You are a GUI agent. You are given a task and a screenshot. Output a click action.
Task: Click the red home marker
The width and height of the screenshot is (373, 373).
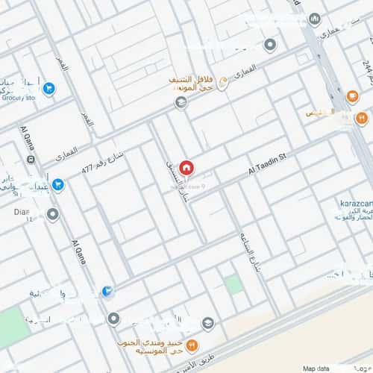[186, 167]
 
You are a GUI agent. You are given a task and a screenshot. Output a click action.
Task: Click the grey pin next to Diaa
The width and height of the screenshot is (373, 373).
[52, 215]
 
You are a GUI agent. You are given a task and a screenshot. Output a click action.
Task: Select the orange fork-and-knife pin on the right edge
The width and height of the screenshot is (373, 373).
[362, 117]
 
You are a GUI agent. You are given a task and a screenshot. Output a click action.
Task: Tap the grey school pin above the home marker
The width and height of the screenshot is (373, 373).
[181, 102]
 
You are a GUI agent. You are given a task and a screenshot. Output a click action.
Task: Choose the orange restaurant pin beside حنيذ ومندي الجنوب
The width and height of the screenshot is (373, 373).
[191, 345]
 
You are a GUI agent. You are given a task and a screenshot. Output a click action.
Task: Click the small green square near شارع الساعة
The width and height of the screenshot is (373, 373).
[233, 284]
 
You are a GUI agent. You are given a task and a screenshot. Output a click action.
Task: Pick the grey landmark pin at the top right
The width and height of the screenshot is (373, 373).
[314, 19]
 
